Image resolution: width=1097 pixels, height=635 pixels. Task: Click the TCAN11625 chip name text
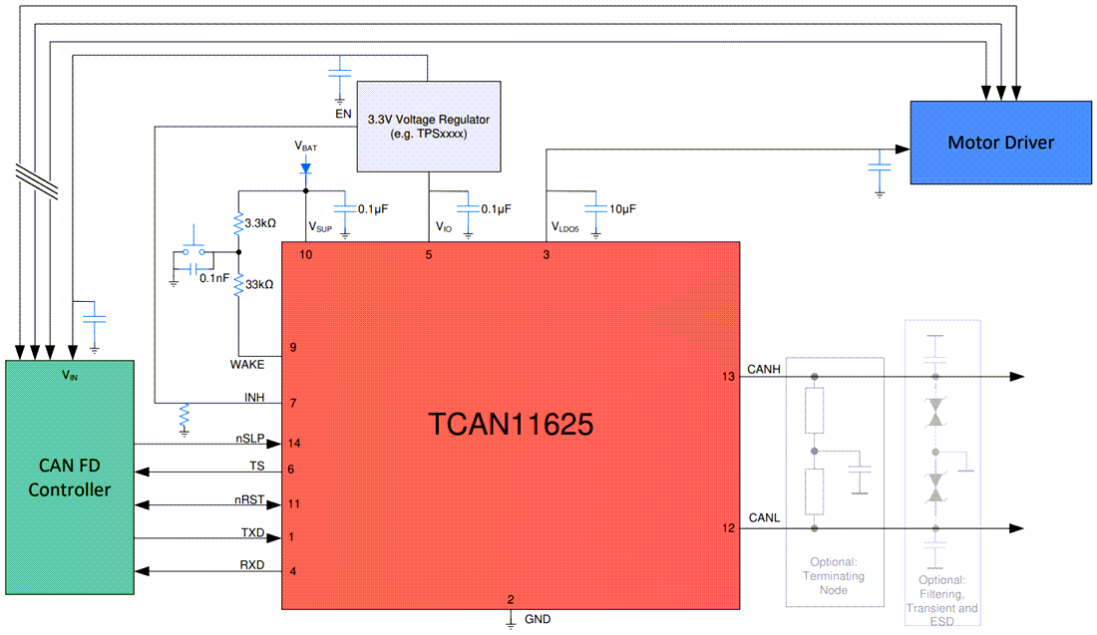(511, 426)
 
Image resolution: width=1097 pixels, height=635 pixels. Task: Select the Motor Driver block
(1000, 142)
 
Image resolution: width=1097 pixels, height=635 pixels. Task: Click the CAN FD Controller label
(70, 477)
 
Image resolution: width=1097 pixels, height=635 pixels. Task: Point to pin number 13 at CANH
(728, 376)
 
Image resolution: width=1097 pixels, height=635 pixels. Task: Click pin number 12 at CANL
(728, 527)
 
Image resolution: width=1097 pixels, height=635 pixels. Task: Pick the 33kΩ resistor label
(260, 284)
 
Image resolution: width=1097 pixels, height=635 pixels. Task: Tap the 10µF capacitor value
(621, 209)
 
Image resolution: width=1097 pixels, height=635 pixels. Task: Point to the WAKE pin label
(246, 365)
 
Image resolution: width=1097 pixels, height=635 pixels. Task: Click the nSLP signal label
(249, 438)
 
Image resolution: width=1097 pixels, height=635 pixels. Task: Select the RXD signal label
(252, 565)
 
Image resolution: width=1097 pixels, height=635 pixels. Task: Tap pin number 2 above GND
(511, 599)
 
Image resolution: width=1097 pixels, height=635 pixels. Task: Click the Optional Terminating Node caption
(834, 576)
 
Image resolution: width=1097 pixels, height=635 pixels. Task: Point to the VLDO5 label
(564, 227)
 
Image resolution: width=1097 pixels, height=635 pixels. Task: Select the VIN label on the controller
(70, 376)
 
